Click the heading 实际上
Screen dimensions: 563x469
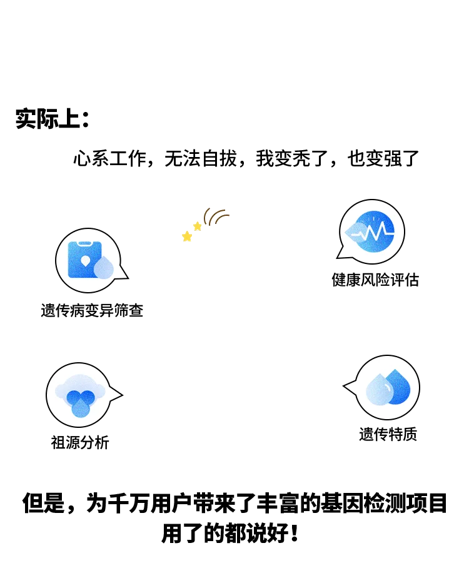point(53,119)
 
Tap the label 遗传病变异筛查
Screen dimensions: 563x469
point(93,310)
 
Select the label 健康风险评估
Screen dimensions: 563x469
point(375,280)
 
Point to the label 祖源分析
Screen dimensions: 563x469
point(80,442)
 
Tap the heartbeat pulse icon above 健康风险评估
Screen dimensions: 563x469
point(374,231)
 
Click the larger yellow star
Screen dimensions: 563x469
point(187,237)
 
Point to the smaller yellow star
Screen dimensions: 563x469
point(198,226)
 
